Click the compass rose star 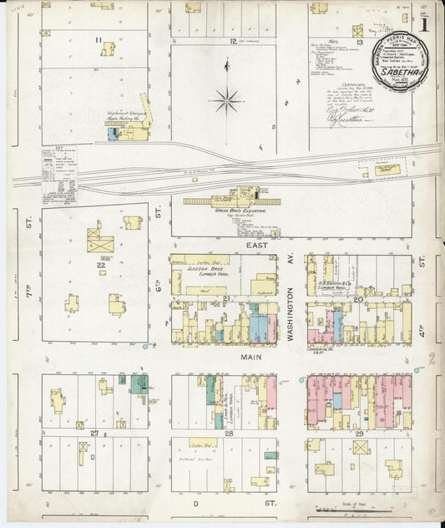(226, 102)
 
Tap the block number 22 (100, 265)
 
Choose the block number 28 (227, 433)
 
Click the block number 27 (95, 432)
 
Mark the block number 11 (98, 39)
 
